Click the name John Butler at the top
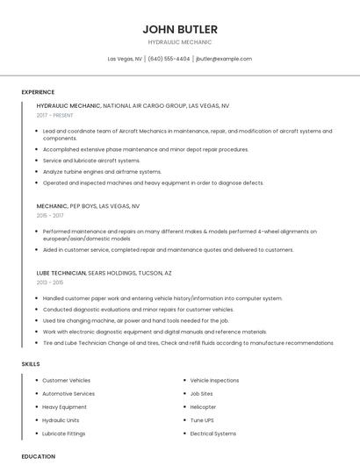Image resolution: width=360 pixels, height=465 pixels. click(x=180, y=29)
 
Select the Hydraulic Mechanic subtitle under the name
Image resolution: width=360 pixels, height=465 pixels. click(x=180, y=42)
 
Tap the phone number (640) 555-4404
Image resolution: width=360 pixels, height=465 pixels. click(x=169, y=59)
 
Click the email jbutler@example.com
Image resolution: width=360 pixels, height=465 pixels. click(x=224, y=59)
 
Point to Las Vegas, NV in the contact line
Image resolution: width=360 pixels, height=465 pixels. click(x=125, y=59)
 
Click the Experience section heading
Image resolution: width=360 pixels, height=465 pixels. click(x=38, y=92)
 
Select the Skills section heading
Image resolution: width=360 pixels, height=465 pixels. click(x=31, y=362)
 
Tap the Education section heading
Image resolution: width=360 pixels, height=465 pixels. click(x=38, y=456)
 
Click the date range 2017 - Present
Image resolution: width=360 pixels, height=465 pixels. click(x=56, y=115)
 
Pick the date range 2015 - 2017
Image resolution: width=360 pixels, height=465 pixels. click(x=50, y=215)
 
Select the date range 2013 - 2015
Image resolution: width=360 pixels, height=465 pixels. click(x=50, y=283)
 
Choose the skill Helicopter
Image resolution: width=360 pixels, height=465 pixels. click(x=204, y=407)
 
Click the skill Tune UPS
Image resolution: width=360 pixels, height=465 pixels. click(x=202, y=420)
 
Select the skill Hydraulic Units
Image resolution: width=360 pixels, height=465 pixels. click(x=61, y=420)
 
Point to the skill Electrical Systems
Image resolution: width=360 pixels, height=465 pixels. click(x=213, y=433)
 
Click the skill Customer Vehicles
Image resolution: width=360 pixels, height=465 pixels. click(x=66, y=381)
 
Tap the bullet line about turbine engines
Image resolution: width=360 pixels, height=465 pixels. click(x=102, y=171)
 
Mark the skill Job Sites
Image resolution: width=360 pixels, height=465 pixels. click(x=201, y=394)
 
